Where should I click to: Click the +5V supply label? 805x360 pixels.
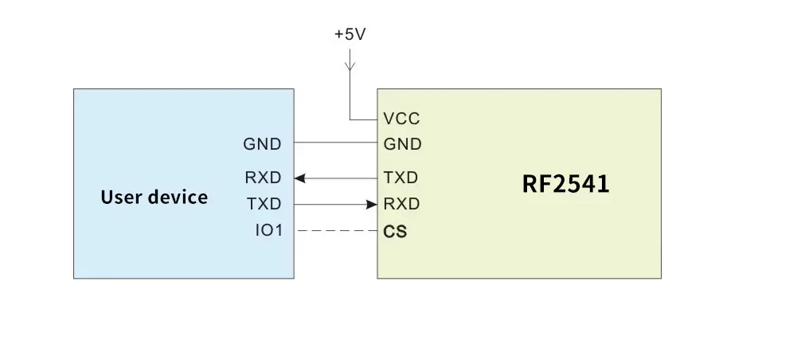(x=350, y=35)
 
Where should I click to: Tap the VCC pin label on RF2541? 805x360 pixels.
(x=401, y=119)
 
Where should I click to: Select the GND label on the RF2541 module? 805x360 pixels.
(x=402, y=144)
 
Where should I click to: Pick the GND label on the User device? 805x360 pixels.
(x=262, y=144)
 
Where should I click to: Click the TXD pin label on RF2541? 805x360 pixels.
(x=401, y=177)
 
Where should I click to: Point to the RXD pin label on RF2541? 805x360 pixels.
(x=401, y=204)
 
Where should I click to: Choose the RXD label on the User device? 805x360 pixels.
(x=263, y=178)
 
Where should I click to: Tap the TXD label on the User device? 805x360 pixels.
(x=264, y=204)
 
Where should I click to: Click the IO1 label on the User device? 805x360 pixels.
(x=268, y=231)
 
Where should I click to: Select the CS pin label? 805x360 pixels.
(x=395, y=232)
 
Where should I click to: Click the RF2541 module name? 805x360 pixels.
(x=565, y=184)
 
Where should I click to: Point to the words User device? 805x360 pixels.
(x=154, y=197)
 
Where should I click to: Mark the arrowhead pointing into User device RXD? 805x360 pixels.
(x=299, y=178)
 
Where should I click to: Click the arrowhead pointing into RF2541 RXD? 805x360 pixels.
(x=372, y=204)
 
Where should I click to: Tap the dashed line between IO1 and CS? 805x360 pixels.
(x=335, y=231)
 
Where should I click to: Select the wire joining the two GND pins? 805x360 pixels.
(x=335, y=143)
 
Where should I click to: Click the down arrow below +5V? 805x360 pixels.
(x=350, y=64)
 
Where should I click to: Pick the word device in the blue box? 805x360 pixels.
(x=179, y=197)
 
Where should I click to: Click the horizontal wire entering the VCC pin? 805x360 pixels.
(x=363, y=120)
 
